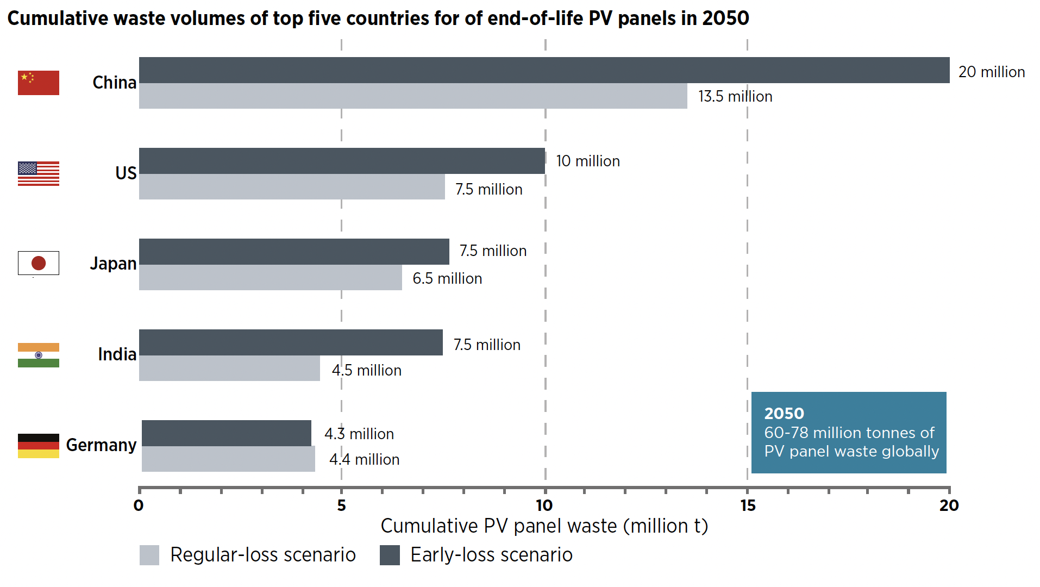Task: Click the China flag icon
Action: coord(38,83)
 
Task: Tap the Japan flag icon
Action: coord(38,263)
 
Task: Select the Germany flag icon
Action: coord(38,446)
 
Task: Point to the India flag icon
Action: coord(38,355)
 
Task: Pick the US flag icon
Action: coord(38,173)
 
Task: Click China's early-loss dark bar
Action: coord(543,70)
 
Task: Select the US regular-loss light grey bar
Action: coord(292,186)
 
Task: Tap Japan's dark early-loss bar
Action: coord(294,252)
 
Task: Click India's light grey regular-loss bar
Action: coord(229,368)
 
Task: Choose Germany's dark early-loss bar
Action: coord(226,433)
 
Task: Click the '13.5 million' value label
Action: coord(735,96)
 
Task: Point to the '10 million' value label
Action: coord(587,161)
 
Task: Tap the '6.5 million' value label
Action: coord(447,278)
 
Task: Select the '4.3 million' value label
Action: coord(359,434)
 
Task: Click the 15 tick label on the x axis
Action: coord(748,505)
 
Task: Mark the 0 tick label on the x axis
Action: coord(139,505)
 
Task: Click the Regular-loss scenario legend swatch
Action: coord(149,555)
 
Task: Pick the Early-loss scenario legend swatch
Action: coord(390,555)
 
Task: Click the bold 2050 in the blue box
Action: coord(784,414)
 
